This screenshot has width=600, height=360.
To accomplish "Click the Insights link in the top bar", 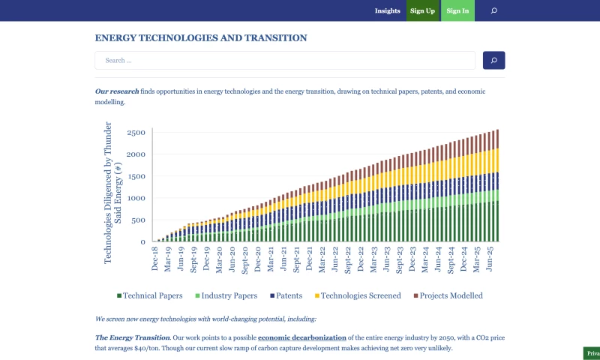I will pyautogui.click(x=388, y=11).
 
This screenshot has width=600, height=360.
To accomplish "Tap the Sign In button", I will pyautogui.click(x=457, y=11).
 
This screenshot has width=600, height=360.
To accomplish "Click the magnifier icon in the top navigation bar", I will pyautogui.click(x=493, y=11).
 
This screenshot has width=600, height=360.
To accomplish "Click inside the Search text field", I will pyautogui.click(x=285, y=61).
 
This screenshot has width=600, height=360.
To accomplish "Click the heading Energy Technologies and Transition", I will pyautogui.click(x=201, y=37).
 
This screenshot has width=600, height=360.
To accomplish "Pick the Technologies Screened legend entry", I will pyautogui.click(x=358, y=295).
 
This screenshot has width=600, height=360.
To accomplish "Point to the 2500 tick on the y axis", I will pyautogui.click(x=136, y=133).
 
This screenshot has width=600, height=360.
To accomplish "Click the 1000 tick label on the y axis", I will pyautogui.click(x=136, y=199).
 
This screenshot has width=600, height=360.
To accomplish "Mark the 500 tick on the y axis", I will pyautogui.click(x=138, y=220).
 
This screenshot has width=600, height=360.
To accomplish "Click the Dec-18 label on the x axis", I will pyautogui.click(x=155, y=258).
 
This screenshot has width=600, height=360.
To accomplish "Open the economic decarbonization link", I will pyautogui.click(x=302, y=337).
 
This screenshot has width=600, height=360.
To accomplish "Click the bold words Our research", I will pyautogui.click(x=116, y=91).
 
